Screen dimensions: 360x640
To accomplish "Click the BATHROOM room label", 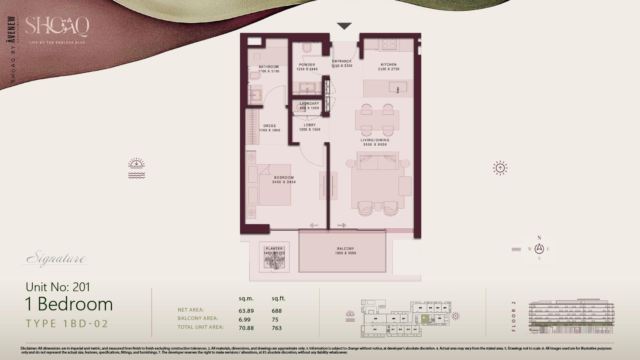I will (x=268, y=67).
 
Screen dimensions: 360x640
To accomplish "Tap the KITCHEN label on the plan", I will (x=388, y=64).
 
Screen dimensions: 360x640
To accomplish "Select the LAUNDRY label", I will (x=309, y=104).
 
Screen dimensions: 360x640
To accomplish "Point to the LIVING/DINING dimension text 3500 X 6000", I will (x=374, y=145).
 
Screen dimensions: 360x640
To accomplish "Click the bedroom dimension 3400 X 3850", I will (x=284, y=182).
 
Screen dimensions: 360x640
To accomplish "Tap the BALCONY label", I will (x=345, y=248).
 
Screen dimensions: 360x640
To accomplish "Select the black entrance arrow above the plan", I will (x=344, y=26).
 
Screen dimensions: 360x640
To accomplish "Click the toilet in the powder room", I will (x=307, y=49).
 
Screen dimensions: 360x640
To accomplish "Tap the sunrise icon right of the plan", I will (x=500, y=168).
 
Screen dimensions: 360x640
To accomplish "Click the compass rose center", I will (x=539, y=249).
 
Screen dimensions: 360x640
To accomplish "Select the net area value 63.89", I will (x=246, y=311).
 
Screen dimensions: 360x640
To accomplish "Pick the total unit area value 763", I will (x=276, y=328).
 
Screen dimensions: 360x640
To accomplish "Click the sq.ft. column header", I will (x=278, y=298).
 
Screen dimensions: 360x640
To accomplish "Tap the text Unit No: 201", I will (x=58, y=287).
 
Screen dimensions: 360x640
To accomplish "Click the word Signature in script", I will (x=56, y=259).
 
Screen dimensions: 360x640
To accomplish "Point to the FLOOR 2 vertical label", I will (x=514, y=316).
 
